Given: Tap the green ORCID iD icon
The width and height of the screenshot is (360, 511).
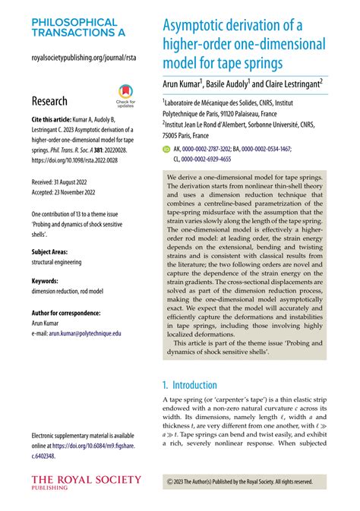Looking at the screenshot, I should coord(167,150).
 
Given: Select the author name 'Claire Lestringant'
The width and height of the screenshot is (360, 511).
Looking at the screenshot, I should coord(292,84).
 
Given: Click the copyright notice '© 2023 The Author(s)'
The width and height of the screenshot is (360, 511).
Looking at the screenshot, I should coord(239,481).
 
